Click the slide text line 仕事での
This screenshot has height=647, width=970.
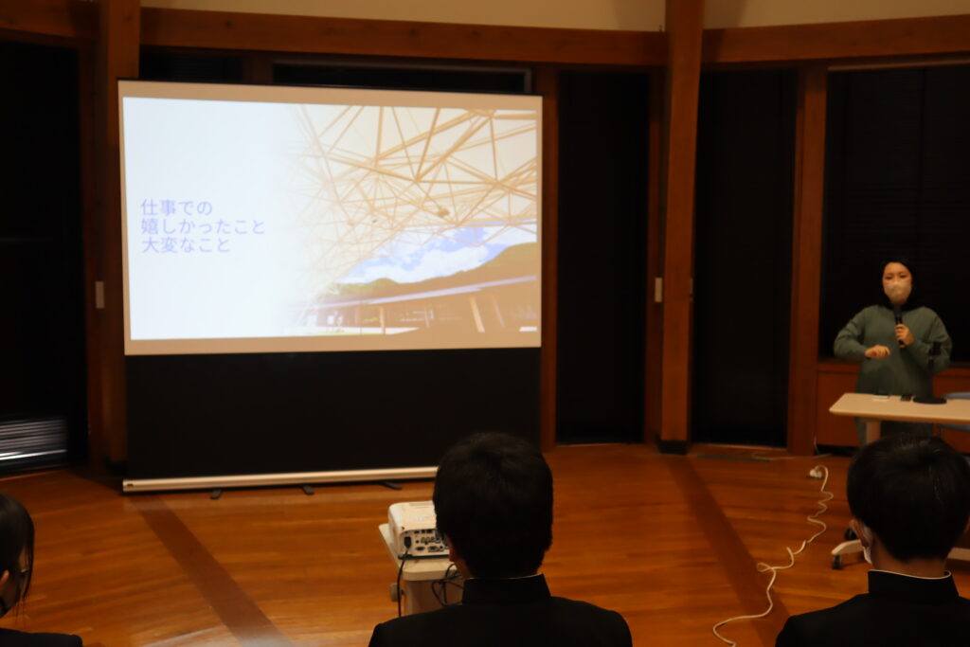click(x=177, y=207)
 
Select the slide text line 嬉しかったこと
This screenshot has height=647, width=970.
click(x=203, y=226)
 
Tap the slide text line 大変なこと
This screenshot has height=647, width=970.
click(x=186, y=245)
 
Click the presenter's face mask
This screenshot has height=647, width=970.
click(x=896, y=290)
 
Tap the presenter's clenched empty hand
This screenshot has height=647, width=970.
click(x=877, y=352)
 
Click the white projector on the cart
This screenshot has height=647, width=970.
click(x=417, y=529)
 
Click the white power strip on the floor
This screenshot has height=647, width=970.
click(x=817, y=473)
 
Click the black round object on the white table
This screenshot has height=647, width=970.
click(x=930, y=400)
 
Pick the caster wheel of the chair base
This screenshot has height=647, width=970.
click(x=837, y=561)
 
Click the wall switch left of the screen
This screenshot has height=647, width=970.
click(x=99, y=295)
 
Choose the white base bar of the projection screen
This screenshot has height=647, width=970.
click(x=278, y=479)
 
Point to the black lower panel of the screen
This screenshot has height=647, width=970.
click(x=332, y=411)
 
